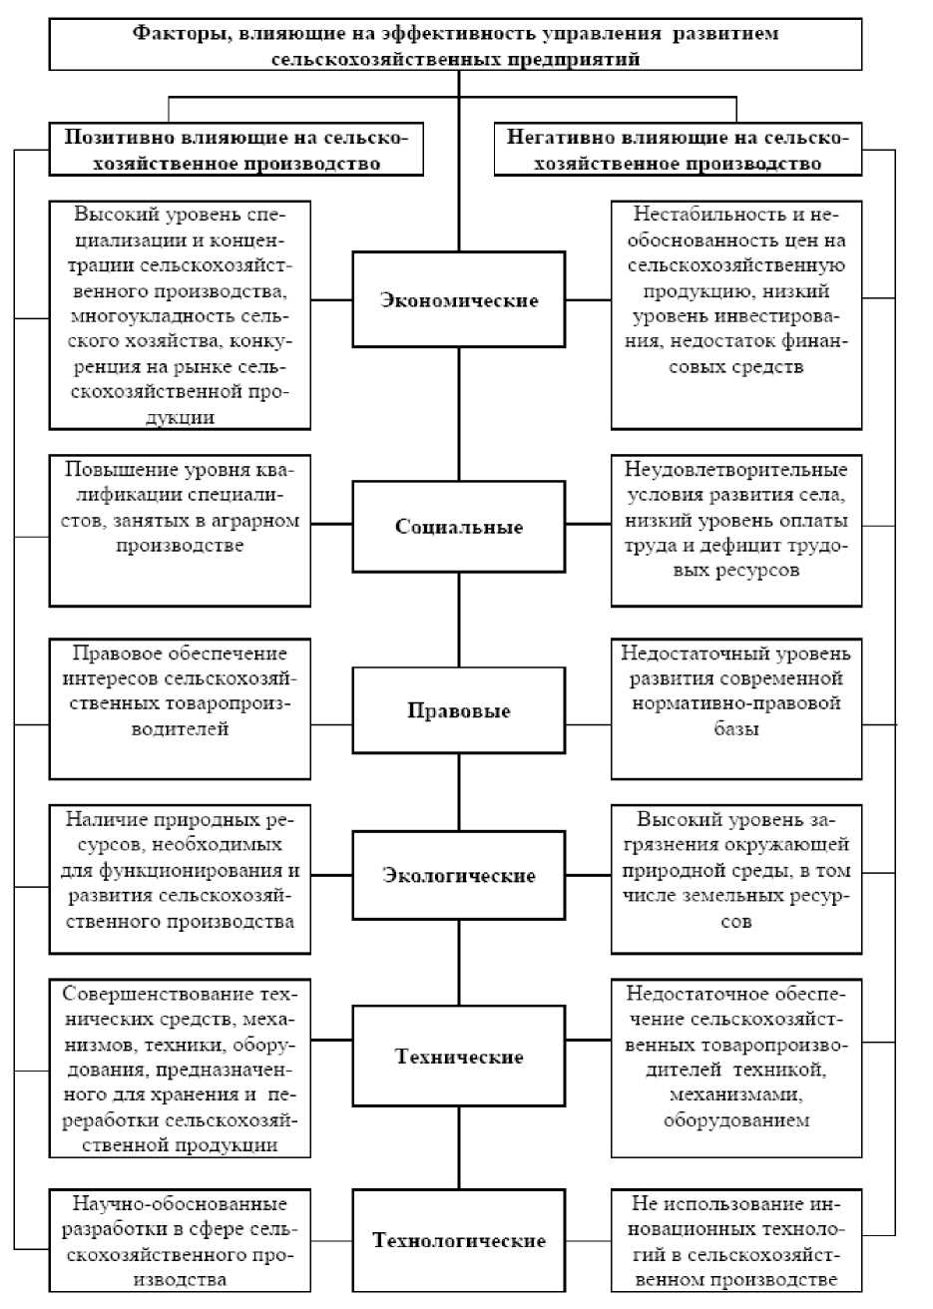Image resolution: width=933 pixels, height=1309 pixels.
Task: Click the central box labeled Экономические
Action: click(459, 299)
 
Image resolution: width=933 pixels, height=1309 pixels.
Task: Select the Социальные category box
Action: click(459, 527)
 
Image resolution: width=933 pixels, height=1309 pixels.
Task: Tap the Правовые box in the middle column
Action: click(459, 711)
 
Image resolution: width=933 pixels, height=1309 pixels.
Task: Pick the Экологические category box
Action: click(459, 875)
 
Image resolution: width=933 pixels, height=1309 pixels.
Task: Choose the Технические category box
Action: click(459, 1057)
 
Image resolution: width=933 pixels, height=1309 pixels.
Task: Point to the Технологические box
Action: click(459, 1240)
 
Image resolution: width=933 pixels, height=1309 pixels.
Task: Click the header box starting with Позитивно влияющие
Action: click(235, 150)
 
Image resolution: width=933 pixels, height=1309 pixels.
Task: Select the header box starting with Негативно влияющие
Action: click(678, 150)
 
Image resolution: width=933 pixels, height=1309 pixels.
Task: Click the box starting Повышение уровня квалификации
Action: click(180, 529)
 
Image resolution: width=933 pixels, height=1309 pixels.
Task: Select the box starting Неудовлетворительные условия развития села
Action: click(736, 529)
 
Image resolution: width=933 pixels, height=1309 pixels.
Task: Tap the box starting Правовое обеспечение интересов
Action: click(180, 708)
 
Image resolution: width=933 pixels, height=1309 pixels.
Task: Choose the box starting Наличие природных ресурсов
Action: click(180, 878)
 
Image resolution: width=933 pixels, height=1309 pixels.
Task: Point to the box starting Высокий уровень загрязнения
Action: click(736, 878)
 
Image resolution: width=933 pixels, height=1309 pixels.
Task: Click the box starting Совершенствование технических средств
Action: click(180, 1068)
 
